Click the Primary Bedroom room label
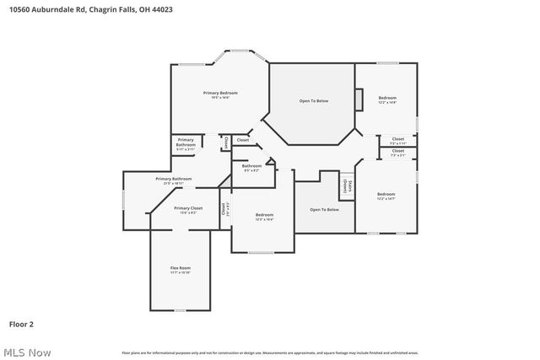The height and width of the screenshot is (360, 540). [x=220, y=92]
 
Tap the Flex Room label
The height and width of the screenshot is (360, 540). [x=180, y=268]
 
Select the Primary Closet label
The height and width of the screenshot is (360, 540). [x=188, y=207]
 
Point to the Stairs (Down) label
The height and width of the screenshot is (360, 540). [x=346, y=185]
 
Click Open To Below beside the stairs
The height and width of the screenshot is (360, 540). [x=324, y=209]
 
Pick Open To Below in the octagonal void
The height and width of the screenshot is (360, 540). [x=314, y=101]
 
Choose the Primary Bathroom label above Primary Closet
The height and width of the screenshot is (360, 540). [x=173, y=179]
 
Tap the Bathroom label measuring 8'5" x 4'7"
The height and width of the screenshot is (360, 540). [x=251, y=166]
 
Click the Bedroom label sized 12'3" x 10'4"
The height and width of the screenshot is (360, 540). [x=265, y=215]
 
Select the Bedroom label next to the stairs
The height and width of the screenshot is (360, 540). [x=386, y=194]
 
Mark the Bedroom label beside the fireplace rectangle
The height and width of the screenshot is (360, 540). [x=386, y=98]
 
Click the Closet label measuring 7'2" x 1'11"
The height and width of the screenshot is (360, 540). [x=397, y=139]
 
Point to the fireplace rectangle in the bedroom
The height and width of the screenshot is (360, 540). [x=359, y=100]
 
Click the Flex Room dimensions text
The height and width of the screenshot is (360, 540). [x=180, y=272]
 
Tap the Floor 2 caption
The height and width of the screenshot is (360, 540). [x=21, y=323]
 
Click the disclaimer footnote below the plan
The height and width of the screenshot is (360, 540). [x=270, y=352]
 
